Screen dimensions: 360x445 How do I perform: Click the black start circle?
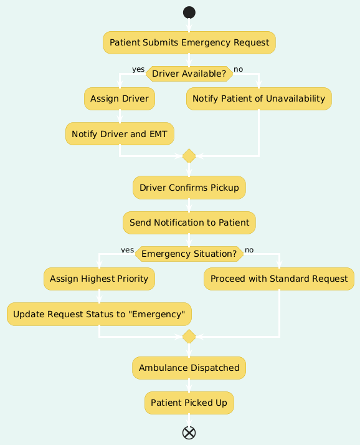(x=189, y=12)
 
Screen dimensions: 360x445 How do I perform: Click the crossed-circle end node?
(x=189, y=433)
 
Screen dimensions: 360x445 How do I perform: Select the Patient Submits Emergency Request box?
(x=189, y=42)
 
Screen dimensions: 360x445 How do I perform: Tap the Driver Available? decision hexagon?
(x=189, y=74)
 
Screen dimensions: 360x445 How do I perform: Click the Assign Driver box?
(x=120, y=98)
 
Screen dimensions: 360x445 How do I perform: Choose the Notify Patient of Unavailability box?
(x=259, y=98)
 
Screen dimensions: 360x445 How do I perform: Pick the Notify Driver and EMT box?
(x=120, y=133)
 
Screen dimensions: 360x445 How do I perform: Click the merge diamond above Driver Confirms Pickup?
(x=189, y=156)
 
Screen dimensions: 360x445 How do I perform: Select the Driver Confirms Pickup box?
(x=189, y=188)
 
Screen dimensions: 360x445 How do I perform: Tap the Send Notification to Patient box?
(x=189, y=222)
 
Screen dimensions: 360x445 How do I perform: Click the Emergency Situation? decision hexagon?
(x=189, y=254)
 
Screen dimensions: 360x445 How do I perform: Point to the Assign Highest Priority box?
(x=99, y=279)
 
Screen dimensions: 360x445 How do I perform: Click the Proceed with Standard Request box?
(x=279, y=279)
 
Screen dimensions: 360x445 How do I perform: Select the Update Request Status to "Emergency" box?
(x=99, y=314)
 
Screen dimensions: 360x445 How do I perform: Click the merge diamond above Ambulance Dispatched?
(x=189, y=337)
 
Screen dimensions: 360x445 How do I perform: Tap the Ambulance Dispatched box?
(x=189, y=368)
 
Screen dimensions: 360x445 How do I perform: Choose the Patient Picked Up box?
(x=189, y=403)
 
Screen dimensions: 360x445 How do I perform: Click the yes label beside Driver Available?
(x=138, y=69)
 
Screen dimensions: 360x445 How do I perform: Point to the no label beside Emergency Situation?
(x=249, y=250)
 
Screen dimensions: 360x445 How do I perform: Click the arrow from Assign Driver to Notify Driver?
(x=120, y=117)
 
